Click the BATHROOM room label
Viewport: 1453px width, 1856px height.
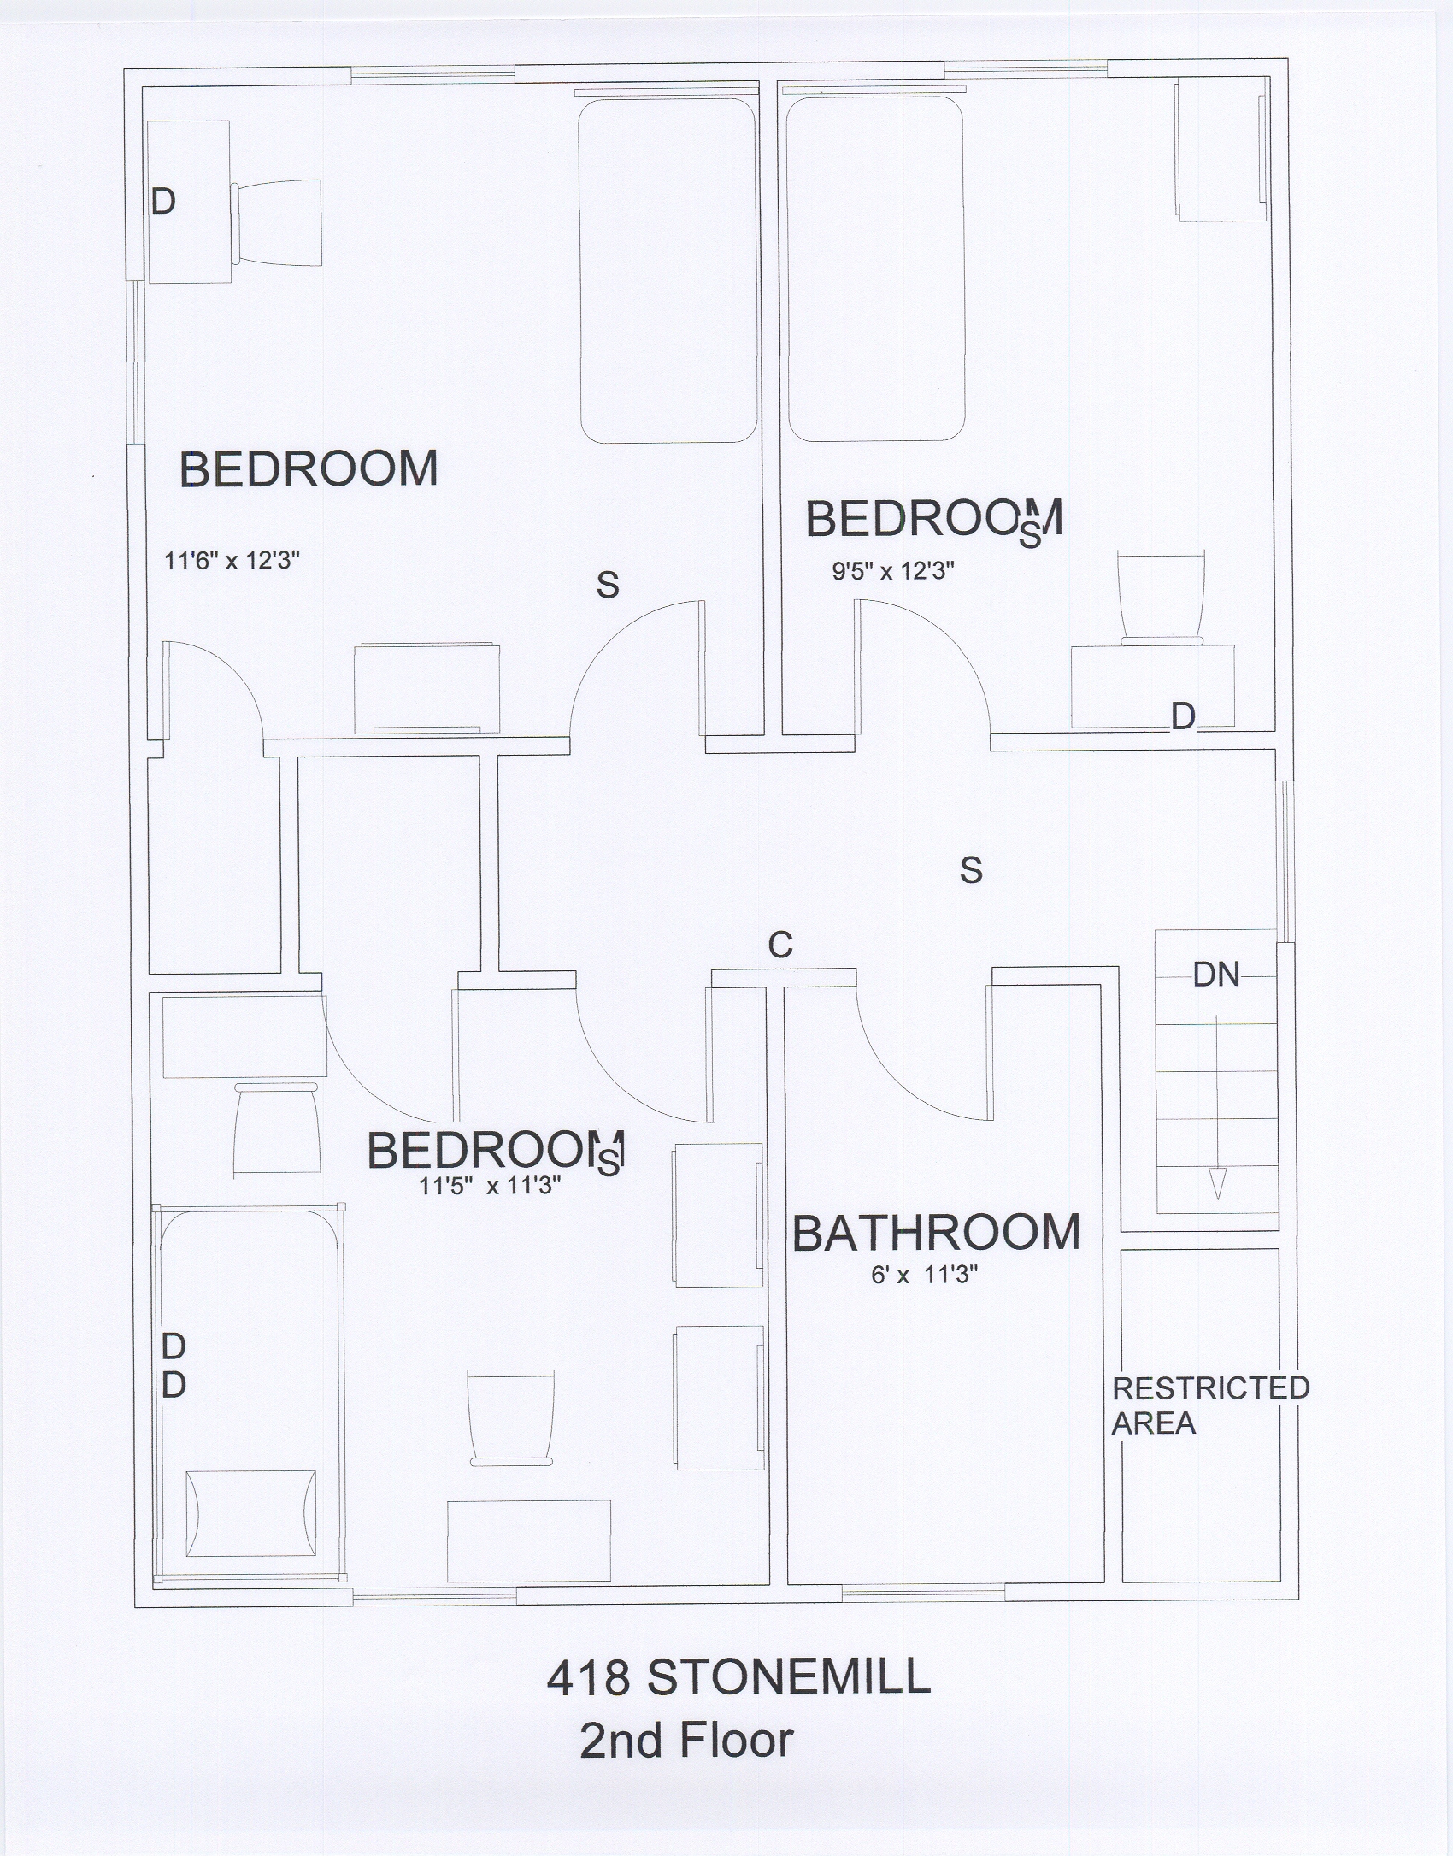[x=936, y=1233]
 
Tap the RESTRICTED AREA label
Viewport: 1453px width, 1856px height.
[x=1210, y=1405]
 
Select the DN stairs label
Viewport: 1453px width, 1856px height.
[x=1216, y=975]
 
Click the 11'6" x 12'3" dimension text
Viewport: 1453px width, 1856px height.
[x=232, y=562]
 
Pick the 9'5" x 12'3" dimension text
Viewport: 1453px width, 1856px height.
[x=893, y=571]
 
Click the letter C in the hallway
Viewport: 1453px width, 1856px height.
[x=780, y=945]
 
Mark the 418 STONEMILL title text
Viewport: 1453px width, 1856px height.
[x=738, y=1678]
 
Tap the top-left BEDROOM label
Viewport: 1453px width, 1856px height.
[x=309, y=469]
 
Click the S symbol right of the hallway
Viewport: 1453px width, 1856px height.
[x=971, y=870]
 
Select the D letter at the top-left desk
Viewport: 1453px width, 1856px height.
[x=163, y=202]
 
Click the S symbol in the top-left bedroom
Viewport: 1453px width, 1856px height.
[x=608, y=585]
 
